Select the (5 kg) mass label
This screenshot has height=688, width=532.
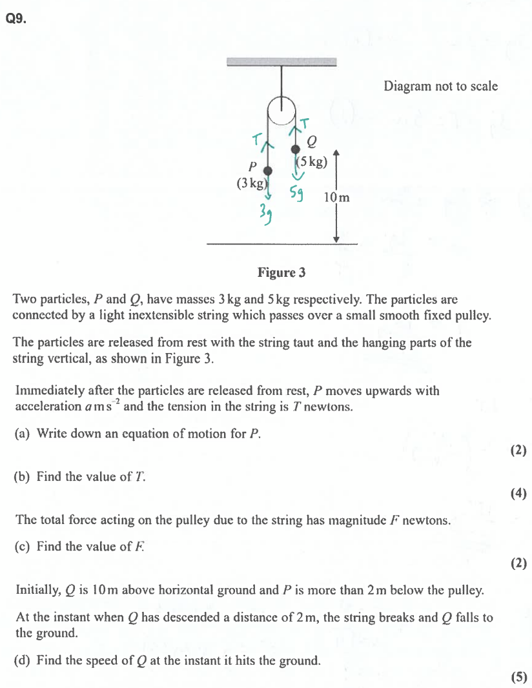[312, 162]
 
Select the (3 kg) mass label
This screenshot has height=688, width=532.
[252, 183]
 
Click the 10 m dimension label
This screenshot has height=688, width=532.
[336, 197]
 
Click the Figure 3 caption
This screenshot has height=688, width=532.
[281, 272]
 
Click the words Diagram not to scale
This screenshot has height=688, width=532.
[441, 86]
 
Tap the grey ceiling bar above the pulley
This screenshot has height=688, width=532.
[282, 62]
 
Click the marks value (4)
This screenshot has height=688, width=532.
[518, 494]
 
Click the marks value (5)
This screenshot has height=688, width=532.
[518, 677]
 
